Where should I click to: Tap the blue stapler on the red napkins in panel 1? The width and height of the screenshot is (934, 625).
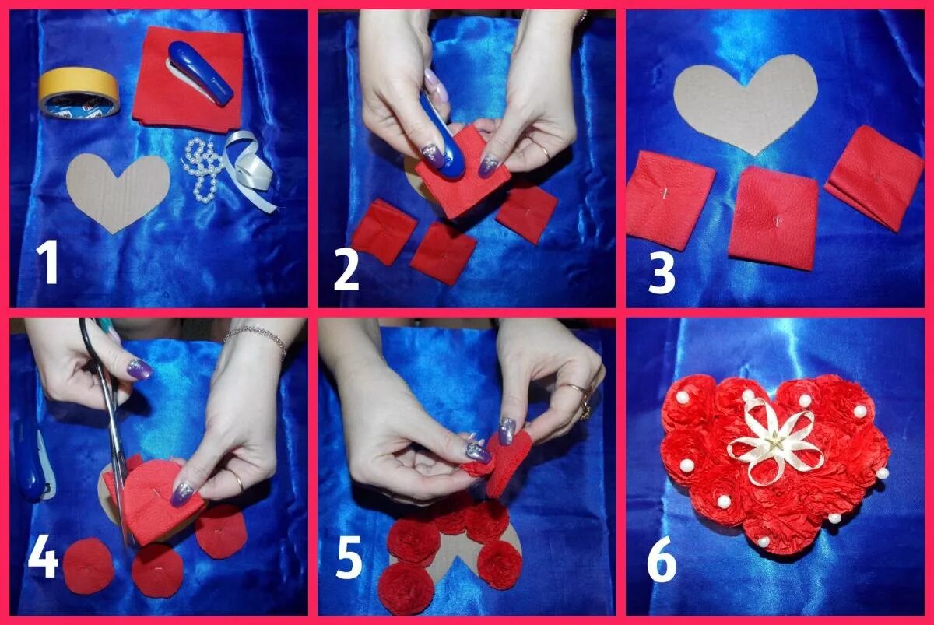click(199, 73)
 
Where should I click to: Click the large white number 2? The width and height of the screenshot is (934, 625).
click(346, 270)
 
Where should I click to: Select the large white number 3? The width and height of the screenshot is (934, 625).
click(662, 273)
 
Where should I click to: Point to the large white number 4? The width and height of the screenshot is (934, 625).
click(43, 557)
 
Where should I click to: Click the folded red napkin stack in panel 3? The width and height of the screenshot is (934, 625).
click(874, 177)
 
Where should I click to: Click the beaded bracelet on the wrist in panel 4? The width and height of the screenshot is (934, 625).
click(255, 338)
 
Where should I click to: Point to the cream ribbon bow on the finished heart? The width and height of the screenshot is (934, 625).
click(774, 443)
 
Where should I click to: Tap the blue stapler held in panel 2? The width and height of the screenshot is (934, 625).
click(442, 138)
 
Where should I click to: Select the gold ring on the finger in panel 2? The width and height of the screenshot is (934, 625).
click(544, 150)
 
